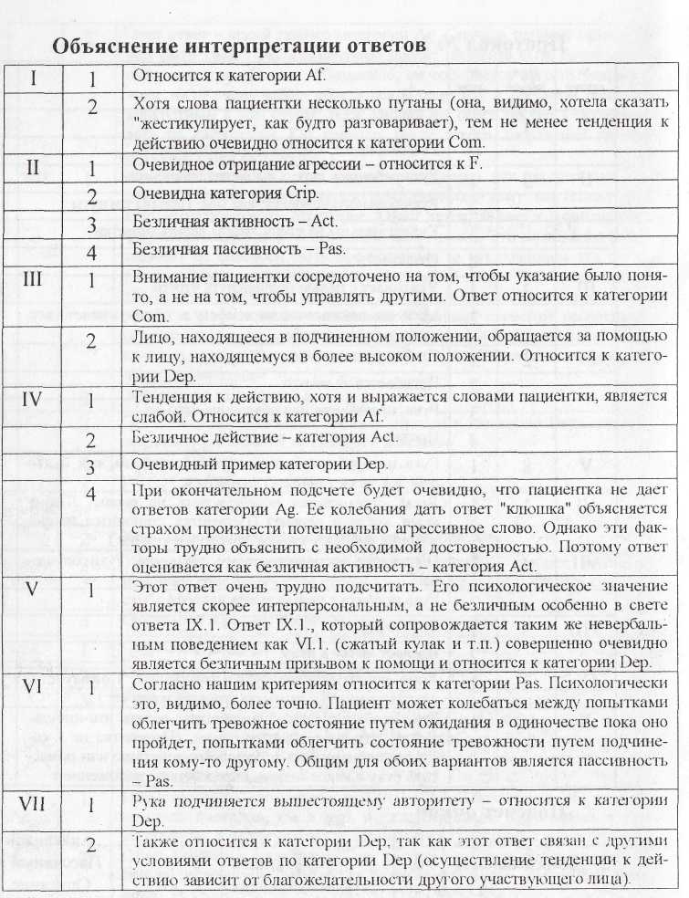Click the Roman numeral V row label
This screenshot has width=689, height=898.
(33, 589)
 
